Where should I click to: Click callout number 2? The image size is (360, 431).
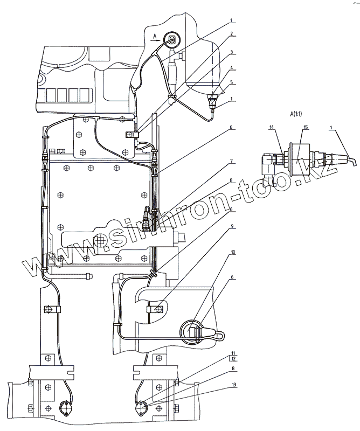click(231, 34)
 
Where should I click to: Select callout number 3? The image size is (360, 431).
click(231, 53)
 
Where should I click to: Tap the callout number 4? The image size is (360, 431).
click(231, 68)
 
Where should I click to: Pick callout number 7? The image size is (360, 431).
click(231, 161)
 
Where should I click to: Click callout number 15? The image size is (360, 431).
click(305, 127)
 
